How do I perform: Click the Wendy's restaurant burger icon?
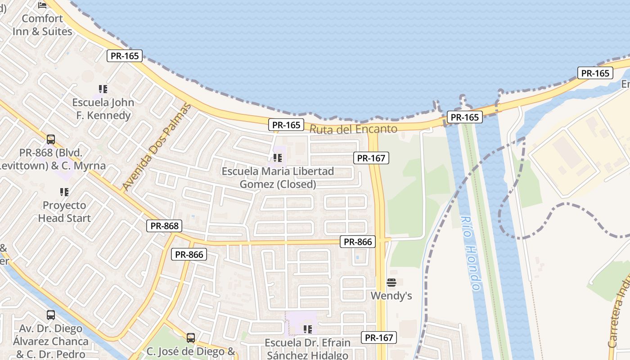(391, 283)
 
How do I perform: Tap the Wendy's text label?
(391, 296)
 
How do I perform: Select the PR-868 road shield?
(164, 226)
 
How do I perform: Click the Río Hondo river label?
(471, 253)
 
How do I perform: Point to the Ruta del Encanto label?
(354, 130)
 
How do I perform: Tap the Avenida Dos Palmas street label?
(156, 147)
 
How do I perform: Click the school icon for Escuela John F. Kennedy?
(103, 89)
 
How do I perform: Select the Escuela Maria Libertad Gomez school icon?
(278, 158)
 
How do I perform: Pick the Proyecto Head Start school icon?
(64, 192)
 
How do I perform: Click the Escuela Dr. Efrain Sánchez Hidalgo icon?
(308, 329)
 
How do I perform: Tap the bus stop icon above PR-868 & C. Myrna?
(51, 139)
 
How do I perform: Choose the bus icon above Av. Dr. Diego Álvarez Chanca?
(51, 315)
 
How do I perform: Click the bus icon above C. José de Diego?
(191, 337)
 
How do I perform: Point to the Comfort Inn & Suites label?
(42, 25)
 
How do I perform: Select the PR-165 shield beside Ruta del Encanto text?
(286, 125)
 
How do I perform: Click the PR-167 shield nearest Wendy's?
(379, 337)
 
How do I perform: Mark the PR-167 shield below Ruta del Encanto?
(371, 158)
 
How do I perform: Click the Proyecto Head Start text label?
(64, 211)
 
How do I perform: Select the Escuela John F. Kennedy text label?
(103, 109)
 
